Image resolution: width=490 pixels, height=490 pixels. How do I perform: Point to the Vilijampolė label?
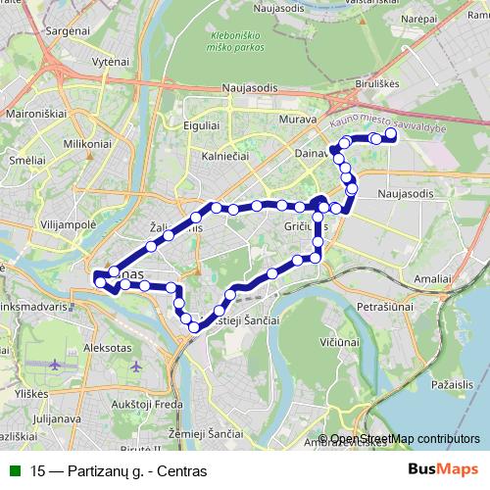[68, 223]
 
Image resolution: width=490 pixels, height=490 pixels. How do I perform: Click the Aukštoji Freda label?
[149, 404]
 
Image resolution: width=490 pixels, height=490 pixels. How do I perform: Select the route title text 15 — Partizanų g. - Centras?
[119, 470]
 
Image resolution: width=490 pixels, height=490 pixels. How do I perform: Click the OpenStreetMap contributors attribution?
[405, 439]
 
